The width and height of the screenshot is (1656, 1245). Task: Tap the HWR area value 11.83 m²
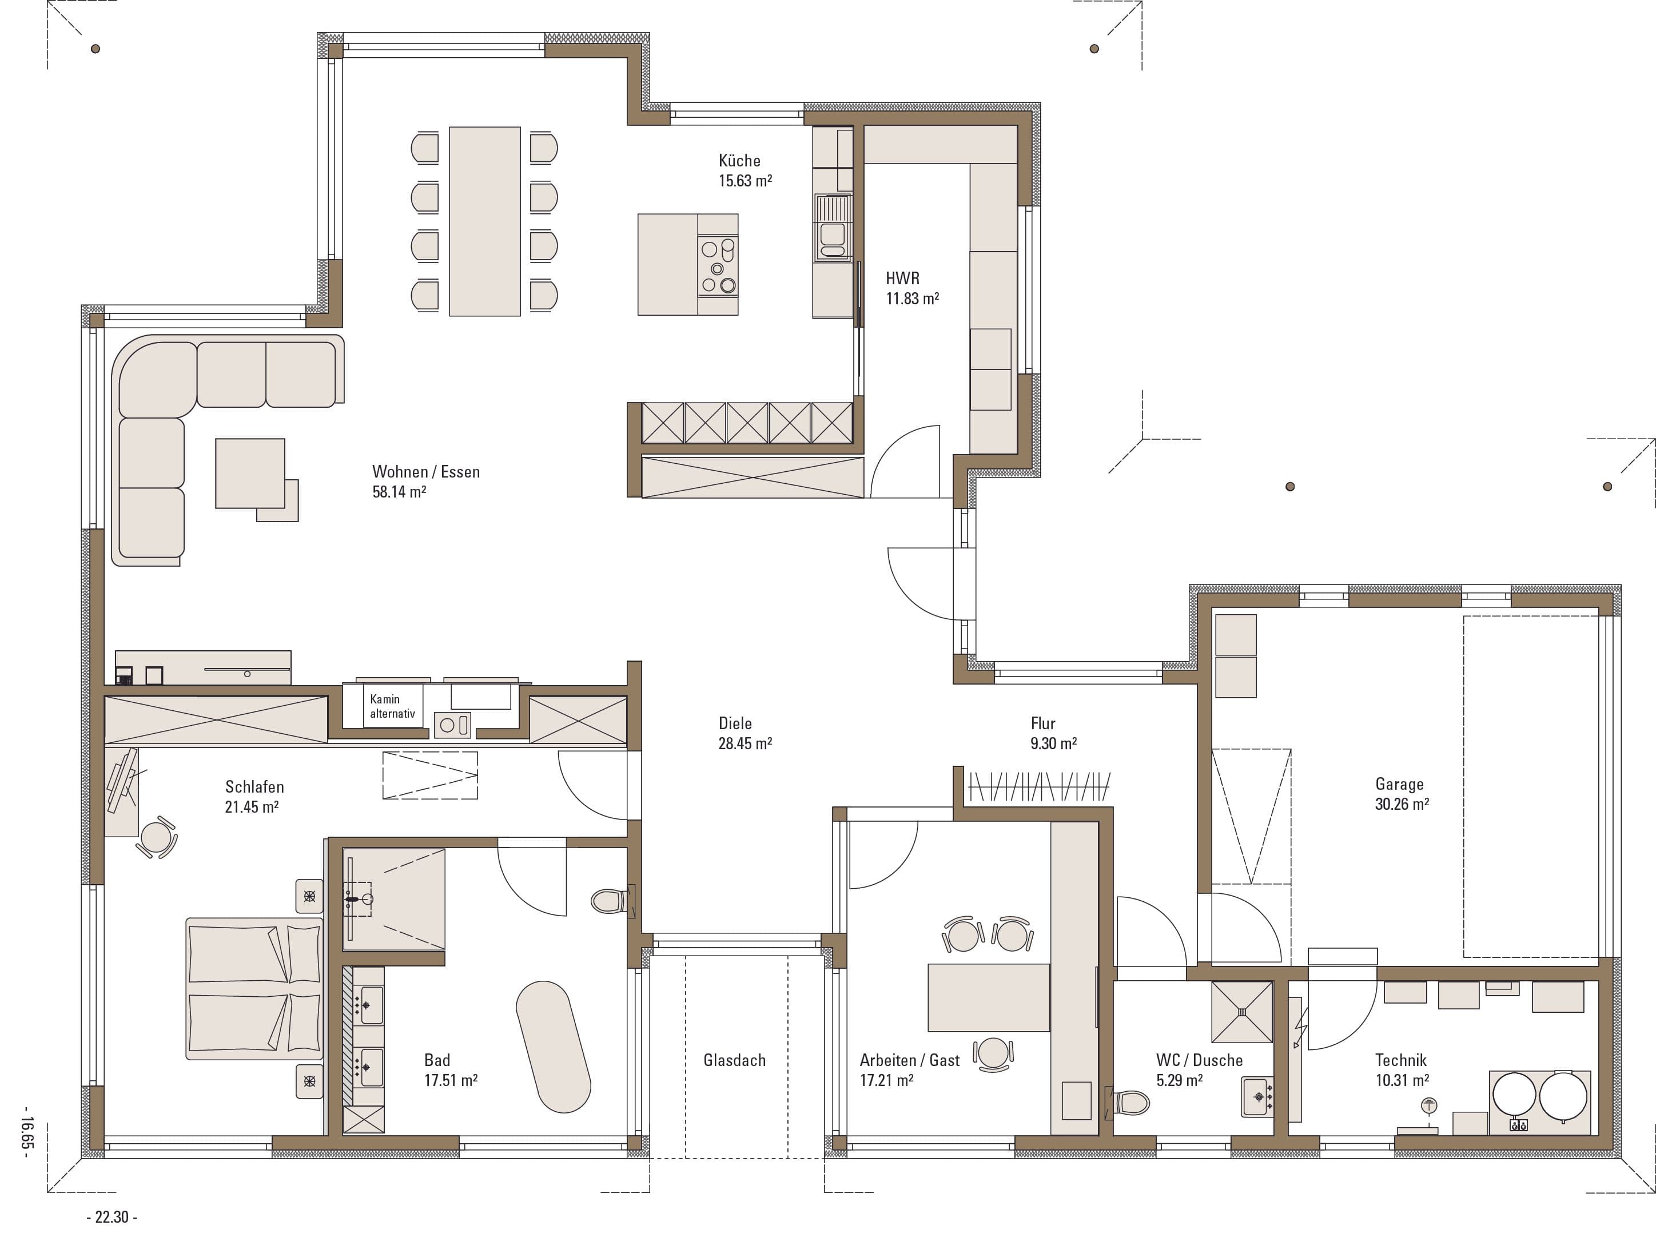pyautogui.click(x=912, y=298)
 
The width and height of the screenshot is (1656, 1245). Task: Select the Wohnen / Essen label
pyautogui.click(x=426, y=472)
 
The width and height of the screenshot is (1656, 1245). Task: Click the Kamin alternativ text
pyautogui.click(x=392, y=706)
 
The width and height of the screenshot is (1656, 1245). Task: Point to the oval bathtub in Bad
pyautogui.click(x=554, y=1047)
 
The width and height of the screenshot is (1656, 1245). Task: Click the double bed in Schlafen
pyautogui.click(x=254, y=988)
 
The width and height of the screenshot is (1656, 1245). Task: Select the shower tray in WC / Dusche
pyautogui.click(x=1242, y=1012)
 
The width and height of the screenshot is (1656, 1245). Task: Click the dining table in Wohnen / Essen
pyautogui.click(x=484, y=221)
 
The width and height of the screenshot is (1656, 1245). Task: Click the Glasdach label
pyautogui.click(x=734, y=1060)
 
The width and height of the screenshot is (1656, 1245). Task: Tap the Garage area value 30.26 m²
pyautogui.click(x=1402, y=804)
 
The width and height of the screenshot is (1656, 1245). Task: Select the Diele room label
pyautogui.click(x=735, y=723)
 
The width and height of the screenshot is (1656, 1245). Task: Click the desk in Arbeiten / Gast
pyautogui.click(x=988, y=997)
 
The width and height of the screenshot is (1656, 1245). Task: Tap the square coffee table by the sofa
pyautogui.click(x=250, y=473)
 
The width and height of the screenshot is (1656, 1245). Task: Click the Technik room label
pyautogui.click(x=1401, y=1060)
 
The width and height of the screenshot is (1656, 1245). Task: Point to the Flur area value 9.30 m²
pyautogui.click(x=1053, y=743)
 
